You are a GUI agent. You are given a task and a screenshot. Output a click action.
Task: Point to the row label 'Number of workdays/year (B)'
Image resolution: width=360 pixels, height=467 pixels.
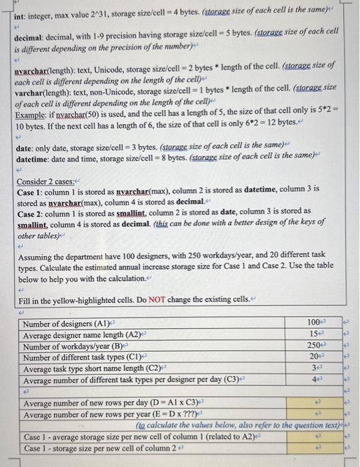(x=75, y=346)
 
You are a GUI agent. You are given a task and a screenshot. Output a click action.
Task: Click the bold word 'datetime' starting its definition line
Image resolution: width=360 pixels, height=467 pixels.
(x=36, y=157)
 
